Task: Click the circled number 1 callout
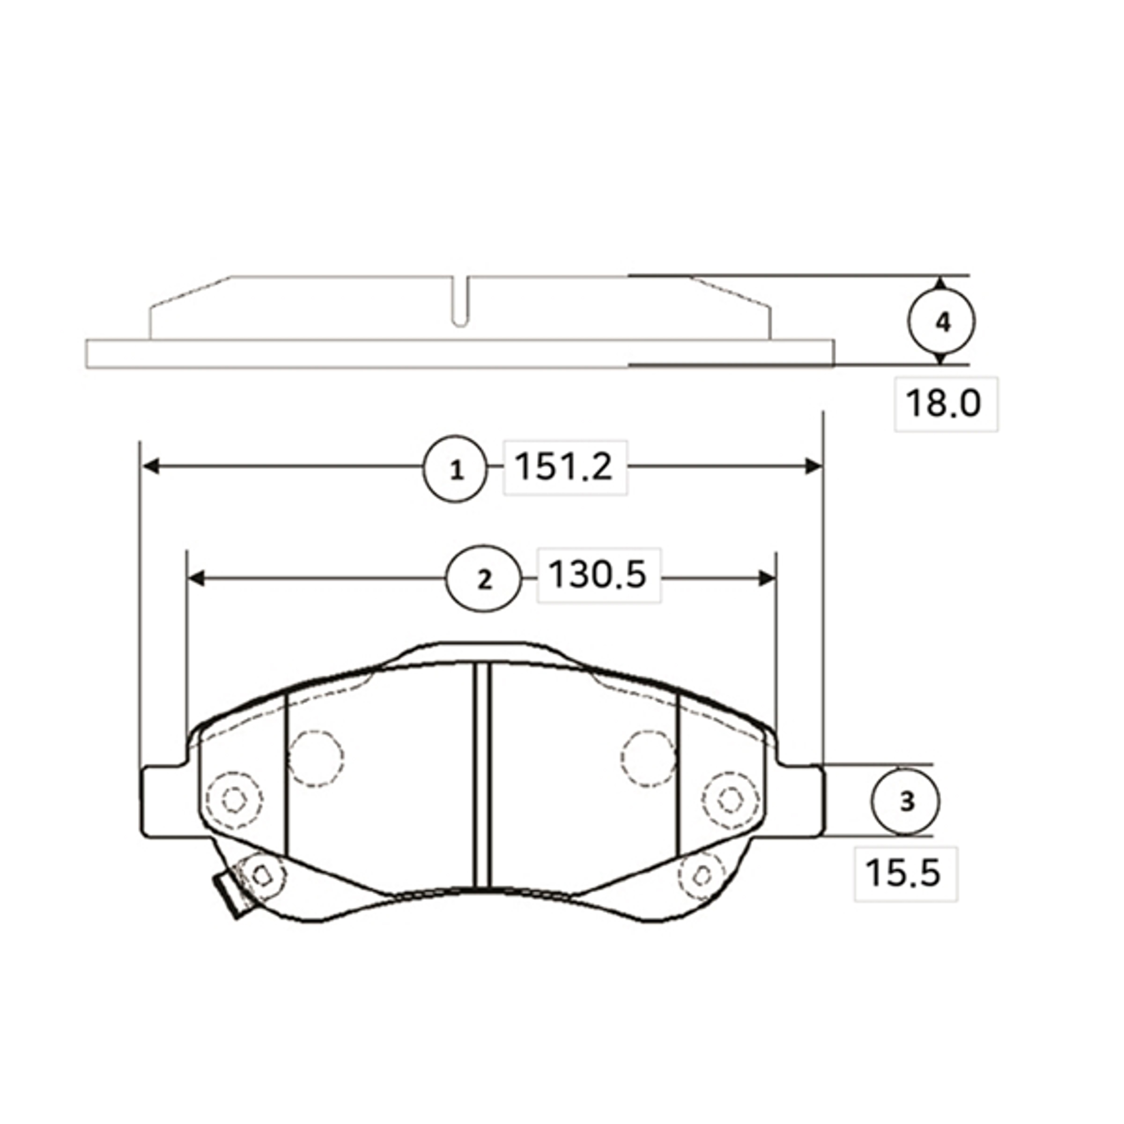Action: click(455, 468)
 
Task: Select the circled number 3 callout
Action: click(905, 802)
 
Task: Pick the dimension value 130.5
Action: click(598, 574)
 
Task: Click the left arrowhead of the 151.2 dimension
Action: click(151, 466)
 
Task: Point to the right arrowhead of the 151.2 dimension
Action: click(814, 466)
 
